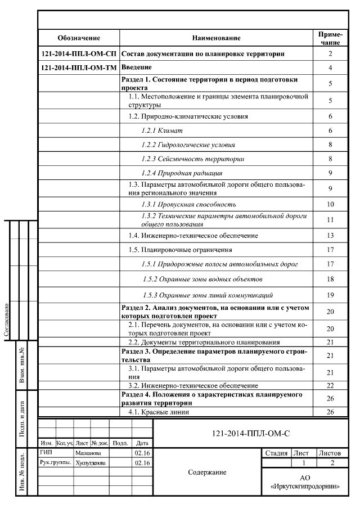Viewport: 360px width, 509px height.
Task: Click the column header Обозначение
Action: coord(79,38)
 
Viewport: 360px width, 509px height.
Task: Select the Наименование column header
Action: coord(216,38)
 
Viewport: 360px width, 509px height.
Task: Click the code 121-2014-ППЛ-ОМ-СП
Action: coord(79,54)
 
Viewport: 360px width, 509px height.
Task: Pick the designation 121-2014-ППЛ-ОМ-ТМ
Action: coord(79,68)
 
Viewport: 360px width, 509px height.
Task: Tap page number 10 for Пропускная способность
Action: coord(330,204)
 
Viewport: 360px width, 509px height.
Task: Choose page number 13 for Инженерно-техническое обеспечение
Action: coord(330,235)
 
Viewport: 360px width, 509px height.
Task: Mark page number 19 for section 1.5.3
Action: coord(330,295)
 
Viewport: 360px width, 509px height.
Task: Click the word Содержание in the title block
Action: coord(207,472)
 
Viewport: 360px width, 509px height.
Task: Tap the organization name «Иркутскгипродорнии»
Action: coord(304,485)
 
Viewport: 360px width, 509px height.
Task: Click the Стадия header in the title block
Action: coord(276,452)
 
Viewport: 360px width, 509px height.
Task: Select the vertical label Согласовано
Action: coord(7,321)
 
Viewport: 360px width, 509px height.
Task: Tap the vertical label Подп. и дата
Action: coord(22,418)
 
